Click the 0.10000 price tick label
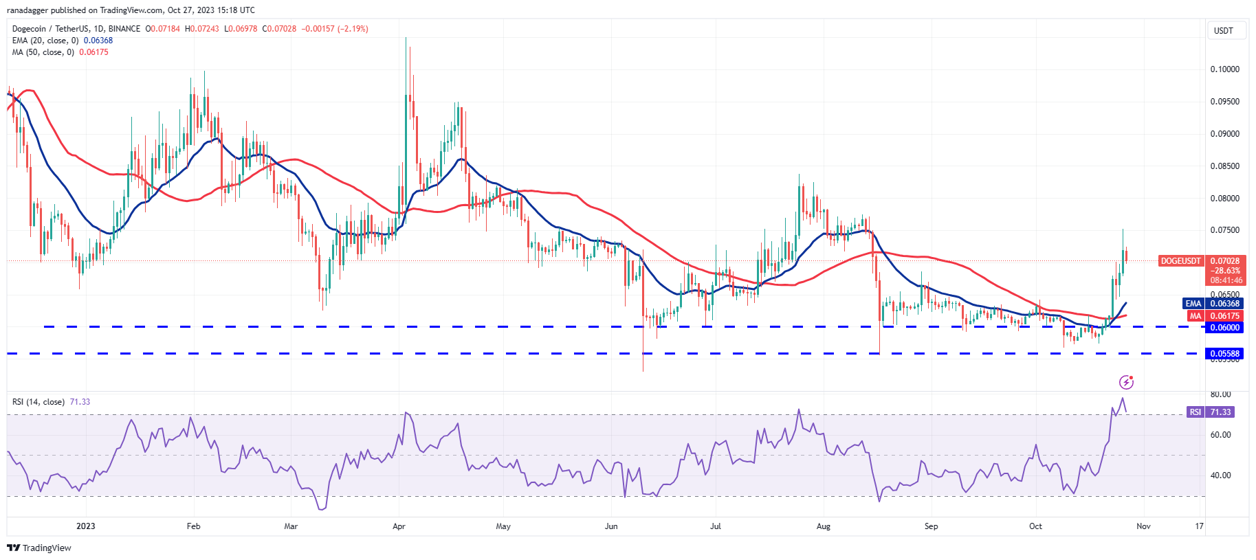(1224, 69)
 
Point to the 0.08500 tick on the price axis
(1224, 166)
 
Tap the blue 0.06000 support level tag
(1224, 328)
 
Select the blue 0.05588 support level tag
(1224, 354)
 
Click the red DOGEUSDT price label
(1180, 261)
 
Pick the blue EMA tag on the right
(1193, 304)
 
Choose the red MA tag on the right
(1195, 316)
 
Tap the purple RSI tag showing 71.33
(1196, 412)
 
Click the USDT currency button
(1224, 31)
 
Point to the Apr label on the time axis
(399, 526)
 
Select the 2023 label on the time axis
(86, 526)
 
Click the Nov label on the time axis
(1143, 526)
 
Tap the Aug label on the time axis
(823, 526)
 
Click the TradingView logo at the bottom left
(39, 548)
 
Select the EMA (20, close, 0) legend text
(45, 41)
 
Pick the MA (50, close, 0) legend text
(43, 52)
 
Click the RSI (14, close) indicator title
(38, 402)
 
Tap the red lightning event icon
(1125, 382)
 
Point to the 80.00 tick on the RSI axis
(1220, 394)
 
